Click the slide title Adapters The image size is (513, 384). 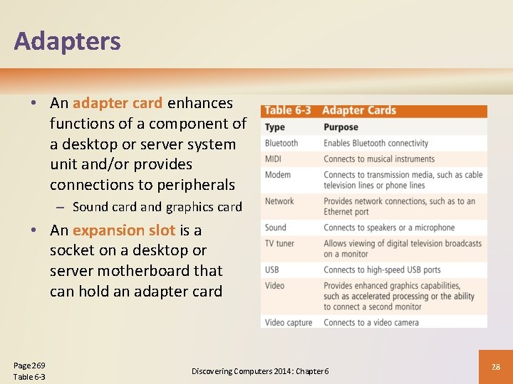[67, 41]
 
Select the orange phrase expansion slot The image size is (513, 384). [123, 230]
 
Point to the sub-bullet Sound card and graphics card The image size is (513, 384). [157, 207]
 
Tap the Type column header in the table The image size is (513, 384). [274, 127]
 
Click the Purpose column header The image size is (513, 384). [341, 127]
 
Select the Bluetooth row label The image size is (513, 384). [281, 143]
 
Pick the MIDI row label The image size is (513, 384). [274, 159]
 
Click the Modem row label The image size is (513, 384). [278, 174]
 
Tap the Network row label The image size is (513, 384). [279, 201]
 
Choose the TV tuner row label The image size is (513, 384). [279, 243]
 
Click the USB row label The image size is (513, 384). [272, 270]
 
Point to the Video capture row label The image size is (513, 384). [289, 322]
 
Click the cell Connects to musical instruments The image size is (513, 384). [379, 159]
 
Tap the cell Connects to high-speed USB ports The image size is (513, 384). [382, 270]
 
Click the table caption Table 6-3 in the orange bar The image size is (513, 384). [288, 110]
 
